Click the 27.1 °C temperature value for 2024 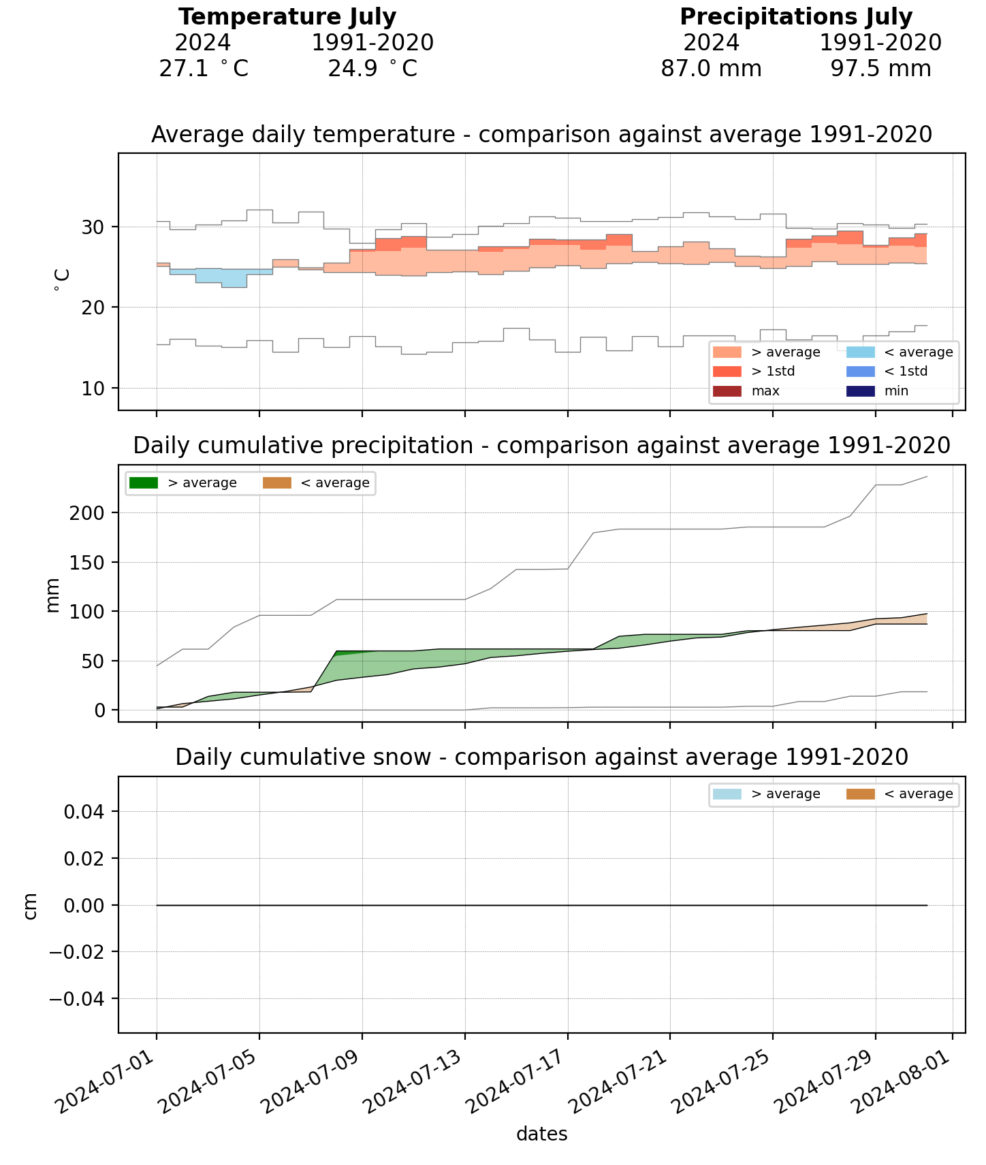point(203,69)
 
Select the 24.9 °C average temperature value point(372,69)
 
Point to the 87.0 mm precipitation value point(711,69)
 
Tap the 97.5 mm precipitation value point(880,69)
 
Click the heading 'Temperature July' point(287,17)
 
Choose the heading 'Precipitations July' point(796,17)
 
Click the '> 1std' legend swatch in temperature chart point(727,372)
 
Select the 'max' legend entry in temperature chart point(765,391)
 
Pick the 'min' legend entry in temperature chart point(896,391)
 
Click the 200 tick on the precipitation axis point(86,513)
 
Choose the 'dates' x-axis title point(541,1134)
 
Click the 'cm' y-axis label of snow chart point(30,906)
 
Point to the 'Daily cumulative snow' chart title point(541,757)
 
